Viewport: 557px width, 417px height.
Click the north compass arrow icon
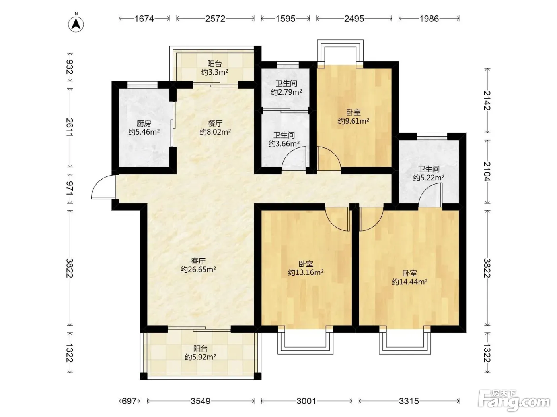point(76,24)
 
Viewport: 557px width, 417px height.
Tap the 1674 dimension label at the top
point(144,19)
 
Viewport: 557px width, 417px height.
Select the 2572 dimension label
point(215,19)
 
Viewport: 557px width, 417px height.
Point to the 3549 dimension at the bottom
point(201,401)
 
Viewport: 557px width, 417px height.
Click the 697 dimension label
point(129,401)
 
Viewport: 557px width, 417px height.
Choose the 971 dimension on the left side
point(70,188)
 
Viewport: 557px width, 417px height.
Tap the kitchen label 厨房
point(144,123)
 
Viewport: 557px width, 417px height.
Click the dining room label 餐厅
point(215,123)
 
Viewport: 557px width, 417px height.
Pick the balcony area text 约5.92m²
point(201,357)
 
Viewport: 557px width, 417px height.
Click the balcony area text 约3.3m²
point(215,72)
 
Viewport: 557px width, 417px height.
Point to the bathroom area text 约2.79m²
point(286,92)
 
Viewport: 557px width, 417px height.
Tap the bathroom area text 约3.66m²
point(284,143)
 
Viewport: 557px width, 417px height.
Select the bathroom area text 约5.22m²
point(428,178)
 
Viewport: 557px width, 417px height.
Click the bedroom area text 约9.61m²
point(353,121)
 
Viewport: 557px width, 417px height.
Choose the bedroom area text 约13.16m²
point(306,272)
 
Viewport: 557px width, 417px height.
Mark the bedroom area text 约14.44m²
point(410,282)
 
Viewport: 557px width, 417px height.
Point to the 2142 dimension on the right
point(487,100)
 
